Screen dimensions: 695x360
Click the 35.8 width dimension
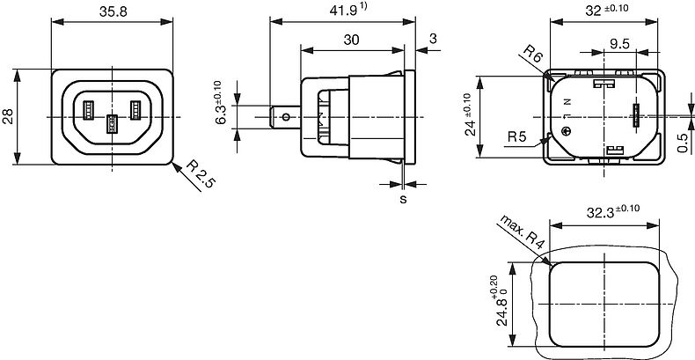(113, 11)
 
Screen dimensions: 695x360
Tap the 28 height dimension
(10, 116)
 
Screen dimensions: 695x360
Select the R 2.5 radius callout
(200, 173)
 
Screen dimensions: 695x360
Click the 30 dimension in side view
(352, 40)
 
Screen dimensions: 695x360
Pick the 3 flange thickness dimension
(433, 39)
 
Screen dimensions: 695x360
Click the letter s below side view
(403, 200)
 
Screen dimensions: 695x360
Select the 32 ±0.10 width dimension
(606, 10)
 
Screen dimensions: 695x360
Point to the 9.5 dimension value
(619, 44)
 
